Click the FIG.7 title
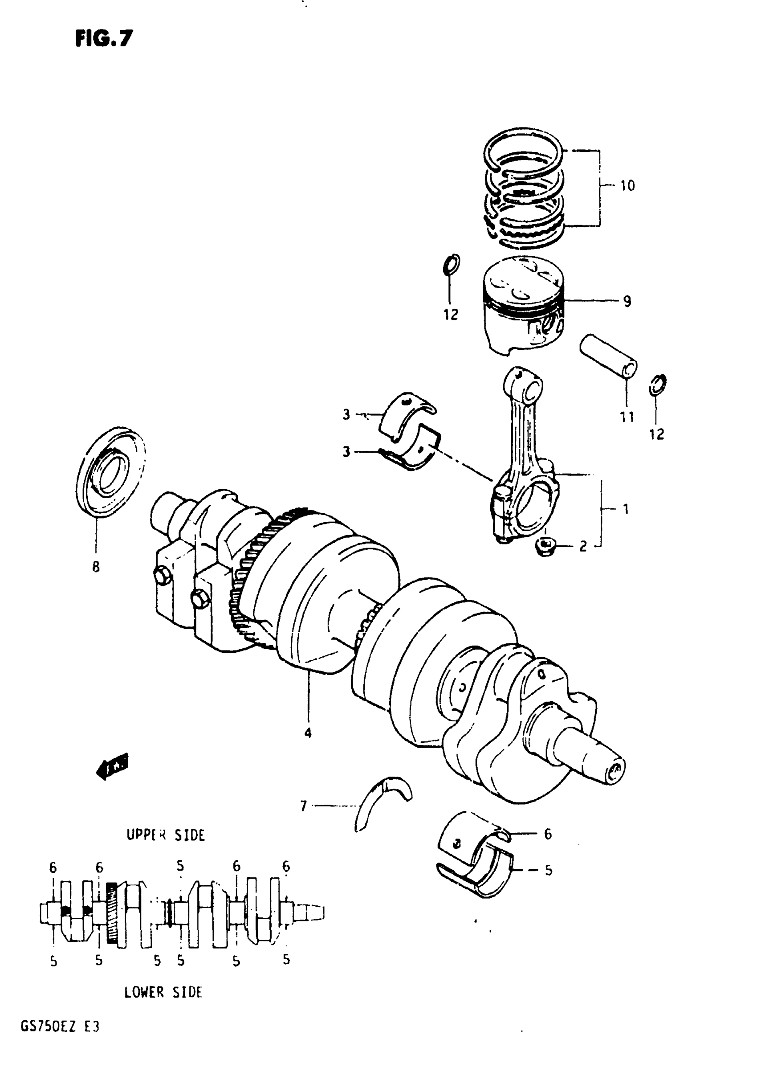tap(104, 38)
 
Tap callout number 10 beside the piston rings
tap(627, 186)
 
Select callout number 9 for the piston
tap(627, 301)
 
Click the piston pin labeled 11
tap(608, 356)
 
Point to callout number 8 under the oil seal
tap(96, 567)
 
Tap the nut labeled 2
tap(545, 546)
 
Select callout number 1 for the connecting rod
tap(626, 509)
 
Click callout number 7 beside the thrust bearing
tap(304, 806)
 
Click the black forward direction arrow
tap(111, 767)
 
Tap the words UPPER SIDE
tap(166, 835)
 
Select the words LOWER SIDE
tap(163, 993)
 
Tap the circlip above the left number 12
tap(451, 265)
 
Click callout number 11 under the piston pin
tap(627, 417)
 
